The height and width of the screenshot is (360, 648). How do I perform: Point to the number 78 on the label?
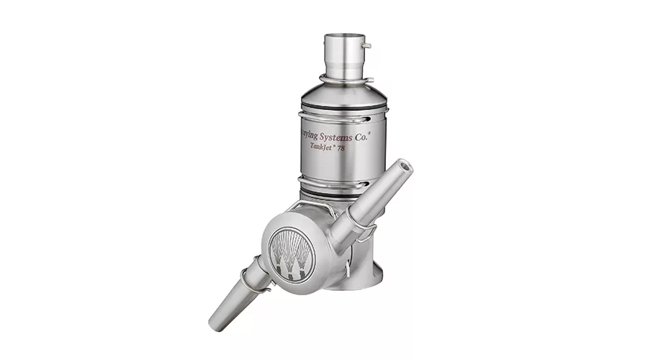359,147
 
